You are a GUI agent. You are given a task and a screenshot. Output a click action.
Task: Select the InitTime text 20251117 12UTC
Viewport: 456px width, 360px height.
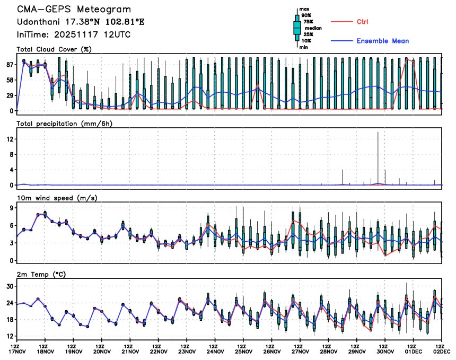93,34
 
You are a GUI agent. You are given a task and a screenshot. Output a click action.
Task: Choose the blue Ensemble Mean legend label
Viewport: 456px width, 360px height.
382,41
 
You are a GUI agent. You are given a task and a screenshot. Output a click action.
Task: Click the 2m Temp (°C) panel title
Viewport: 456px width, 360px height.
43,274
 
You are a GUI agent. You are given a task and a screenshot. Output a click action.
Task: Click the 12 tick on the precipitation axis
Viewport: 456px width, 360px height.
10,139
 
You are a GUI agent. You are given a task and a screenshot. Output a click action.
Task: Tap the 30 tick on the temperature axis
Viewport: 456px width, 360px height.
10,286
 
